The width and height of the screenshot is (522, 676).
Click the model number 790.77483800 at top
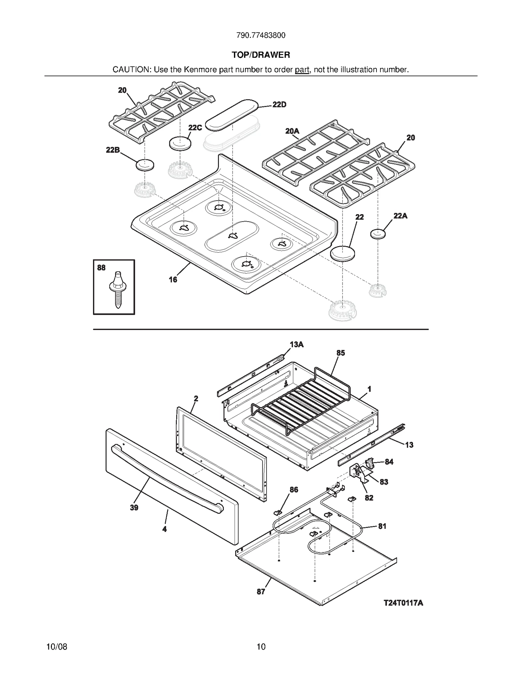point(261,35)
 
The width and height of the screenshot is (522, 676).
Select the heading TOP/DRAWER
point(261,55)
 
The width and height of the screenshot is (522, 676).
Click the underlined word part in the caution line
point(302,70)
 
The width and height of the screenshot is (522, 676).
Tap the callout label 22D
point(279,104)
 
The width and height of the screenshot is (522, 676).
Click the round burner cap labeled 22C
point(180,144)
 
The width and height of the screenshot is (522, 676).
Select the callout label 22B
point(113,150)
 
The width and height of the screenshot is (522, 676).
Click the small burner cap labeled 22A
point(378,234)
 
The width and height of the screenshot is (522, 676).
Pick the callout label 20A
point(292,131)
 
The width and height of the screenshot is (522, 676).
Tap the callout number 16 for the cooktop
point(173,279)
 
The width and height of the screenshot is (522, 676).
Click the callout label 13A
point(297,345)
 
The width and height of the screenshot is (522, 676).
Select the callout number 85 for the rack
point(341,353)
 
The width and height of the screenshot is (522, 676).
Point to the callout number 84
point(389,462)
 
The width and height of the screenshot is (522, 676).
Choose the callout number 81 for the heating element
point(382,526)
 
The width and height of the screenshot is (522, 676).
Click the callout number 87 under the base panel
point(261,592)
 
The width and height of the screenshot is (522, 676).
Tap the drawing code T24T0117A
point(403,603)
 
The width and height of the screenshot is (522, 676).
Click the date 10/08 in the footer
point(57,647)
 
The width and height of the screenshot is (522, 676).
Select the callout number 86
point(294,490)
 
